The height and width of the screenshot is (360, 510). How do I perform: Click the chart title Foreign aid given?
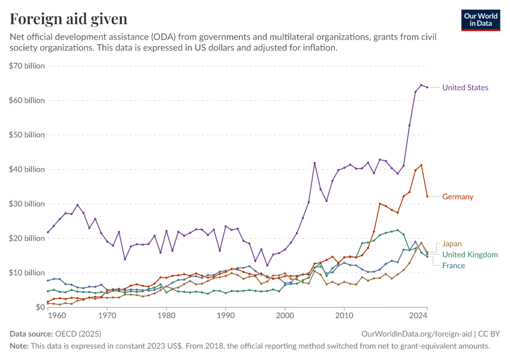click(x=68, y=19)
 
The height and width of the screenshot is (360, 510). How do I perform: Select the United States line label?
click(x=465, y=88)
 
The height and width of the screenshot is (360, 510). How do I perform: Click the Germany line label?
click(x=458, y=197)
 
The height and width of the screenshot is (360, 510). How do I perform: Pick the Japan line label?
click(x=452, y=244)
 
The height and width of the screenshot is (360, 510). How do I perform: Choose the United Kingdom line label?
click(x=470, y=255)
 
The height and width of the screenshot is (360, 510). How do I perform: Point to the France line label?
click(x=454, y=265)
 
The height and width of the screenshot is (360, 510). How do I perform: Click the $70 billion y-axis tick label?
click(x=27, y=66)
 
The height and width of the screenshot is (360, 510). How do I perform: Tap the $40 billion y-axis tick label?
click(x=27, y=169)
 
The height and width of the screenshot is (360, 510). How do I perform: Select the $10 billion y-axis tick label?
click(x=27, y=272)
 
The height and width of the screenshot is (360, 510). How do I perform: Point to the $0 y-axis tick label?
click(x=37, y=307)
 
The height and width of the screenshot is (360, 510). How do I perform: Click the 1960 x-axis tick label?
click(x=56, y=314)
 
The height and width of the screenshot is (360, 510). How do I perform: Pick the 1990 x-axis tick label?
click(x=226, y=314)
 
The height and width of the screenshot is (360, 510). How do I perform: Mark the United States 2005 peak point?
click(x=314, y=163)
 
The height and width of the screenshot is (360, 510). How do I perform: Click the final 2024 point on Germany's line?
click(x=427, y=196)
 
